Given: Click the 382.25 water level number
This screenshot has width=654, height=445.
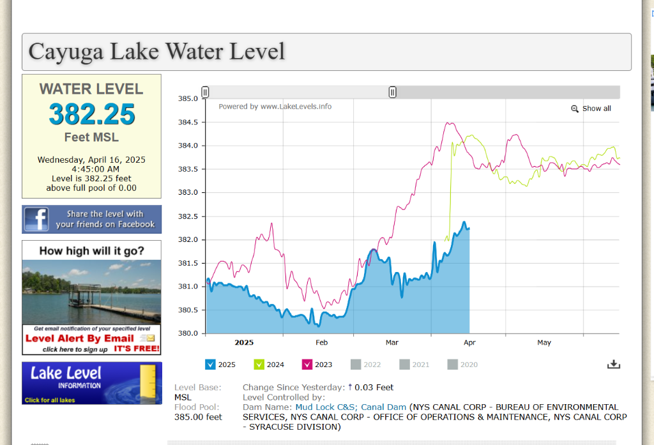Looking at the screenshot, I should click(x=92, y=115).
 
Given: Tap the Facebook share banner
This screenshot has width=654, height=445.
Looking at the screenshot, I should click(x=91, y=219).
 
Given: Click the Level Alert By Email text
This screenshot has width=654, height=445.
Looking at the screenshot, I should click(x=80, y=338).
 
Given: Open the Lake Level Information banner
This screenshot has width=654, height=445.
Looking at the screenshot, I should click(x=91, y=383).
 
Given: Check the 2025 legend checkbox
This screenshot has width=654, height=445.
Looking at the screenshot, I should click(x=210, y=365).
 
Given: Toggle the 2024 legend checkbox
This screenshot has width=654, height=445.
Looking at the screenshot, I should click(x=259, y=365).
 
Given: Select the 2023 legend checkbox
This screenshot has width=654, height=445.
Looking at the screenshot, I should click(x=307, y=365).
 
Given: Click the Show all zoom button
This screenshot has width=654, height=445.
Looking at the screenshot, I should click(x=591, y=109).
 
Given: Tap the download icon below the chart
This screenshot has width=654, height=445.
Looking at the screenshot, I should click(x=613, y=365).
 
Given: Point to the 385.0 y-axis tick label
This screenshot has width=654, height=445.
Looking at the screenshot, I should click(x=188, y=99).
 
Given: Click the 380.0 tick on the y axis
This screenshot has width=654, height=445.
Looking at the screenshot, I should click(x=188, y=333).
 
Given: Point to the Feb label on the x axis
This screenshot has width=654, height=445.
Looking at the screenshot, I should click(x=321, y=343).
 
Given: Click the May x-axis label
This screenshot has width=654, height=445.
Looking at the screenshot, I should click(x=544, y=343).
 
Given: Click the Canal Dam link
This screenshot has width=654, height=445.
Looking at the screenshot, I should click(x=384, y=407).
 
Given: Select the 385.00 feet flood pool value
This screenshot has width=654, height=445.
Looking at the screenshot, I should click(x=198, y=417).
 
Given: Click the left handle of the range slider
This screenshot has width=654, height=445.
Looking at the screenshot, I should click(x=205, y=92).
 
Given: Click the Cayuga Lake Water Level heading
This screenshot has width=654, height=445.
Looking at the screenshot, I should click(x=156, y=51).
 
